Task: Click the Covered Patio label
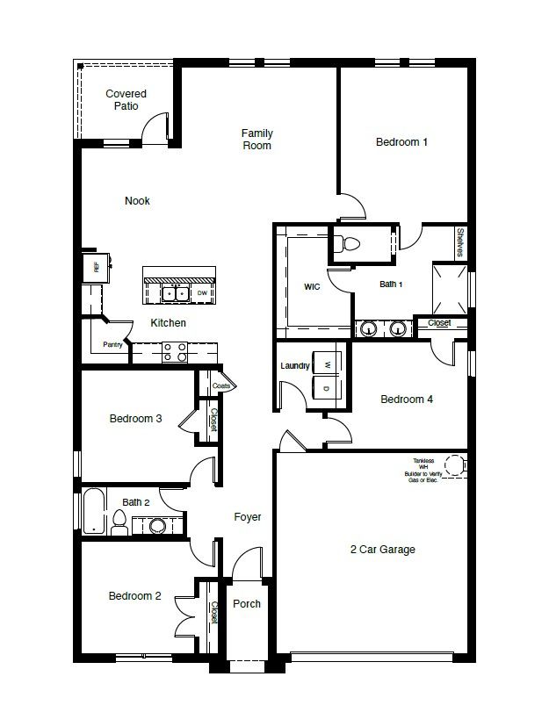(x=126, y=100)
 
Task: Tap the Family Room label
(x=257, y=140)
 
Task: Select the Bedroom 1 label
(x=401, y=141)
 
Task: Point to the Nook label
(x=137, y=201)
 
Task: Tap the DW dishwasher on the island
(x=202, y=292)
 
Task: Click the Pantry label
(x=112, y=345)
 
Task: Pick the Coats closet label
(x=221, y=385)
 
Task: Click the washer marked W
(x=327, y=364)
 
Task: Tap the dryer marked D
(x=327, y=388)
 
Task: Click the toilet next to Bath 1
(x=349, y=243)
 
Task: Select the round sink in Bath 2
(x=157, y=526)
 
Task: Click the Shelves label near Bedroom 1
(x=459, y=243)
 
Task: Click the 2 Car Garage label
(x=382, y=550)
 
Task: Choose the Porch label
(x=247, y=604)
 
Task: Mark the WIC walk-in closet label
(x=312, y=286)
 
